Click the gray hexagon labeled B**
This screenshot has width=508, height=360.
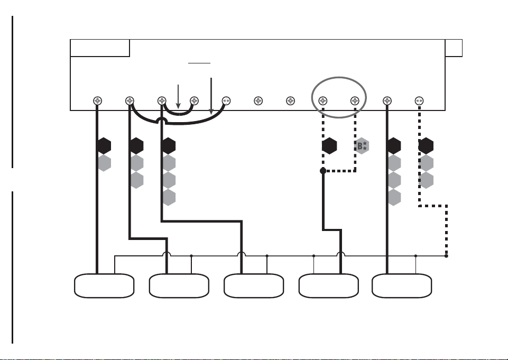click(x=362, y=146)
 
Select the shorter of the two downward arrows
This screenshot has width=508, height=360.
click(x=178, y=97)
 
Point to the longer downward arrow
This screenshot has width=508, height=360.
click(x=211, y=96)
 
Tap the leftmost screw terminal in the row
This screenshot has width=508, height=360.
click(x=97, y=101)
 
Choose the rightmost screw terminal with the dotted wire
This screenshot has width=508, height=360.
click(x=419, y=101)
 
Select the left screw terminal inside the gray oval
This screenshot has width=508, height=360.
click(x=322, y=101)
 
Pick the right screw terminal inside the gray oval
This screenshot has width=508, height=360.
click(x=355, y=101)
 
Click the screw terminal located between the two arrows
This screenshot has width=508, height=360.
click(x=194, y=101)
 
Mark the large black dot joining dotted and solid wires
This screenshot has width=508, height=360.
click(x=323, y=171)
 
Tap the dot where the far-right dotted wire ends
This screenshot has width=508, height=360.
click(x=446, y=256)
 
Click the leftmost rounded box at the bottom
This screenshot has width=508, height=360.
click(x=104, y=286)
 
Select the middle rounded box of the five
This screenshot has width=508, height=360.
click(x=254, y=286)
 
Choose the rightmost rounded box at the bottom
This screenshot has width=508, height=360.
click(x=402, y=286)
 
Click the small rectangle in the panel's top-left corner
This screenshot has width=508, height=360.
click(x=100, y=48)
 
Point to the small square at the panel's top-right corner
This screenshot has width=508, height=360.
click(x=454, y=48)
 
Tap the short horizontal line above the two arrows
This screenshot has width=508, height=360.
click(x=199, y=63)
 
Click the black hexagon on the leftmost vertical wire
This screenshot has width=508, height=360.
click(x=104, y=146)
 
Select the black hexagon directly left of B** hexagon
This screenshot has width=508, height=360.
click(x=329, y=146)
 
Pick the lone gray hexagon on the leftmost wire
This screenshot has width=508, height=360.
click(x=104, y=163)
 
